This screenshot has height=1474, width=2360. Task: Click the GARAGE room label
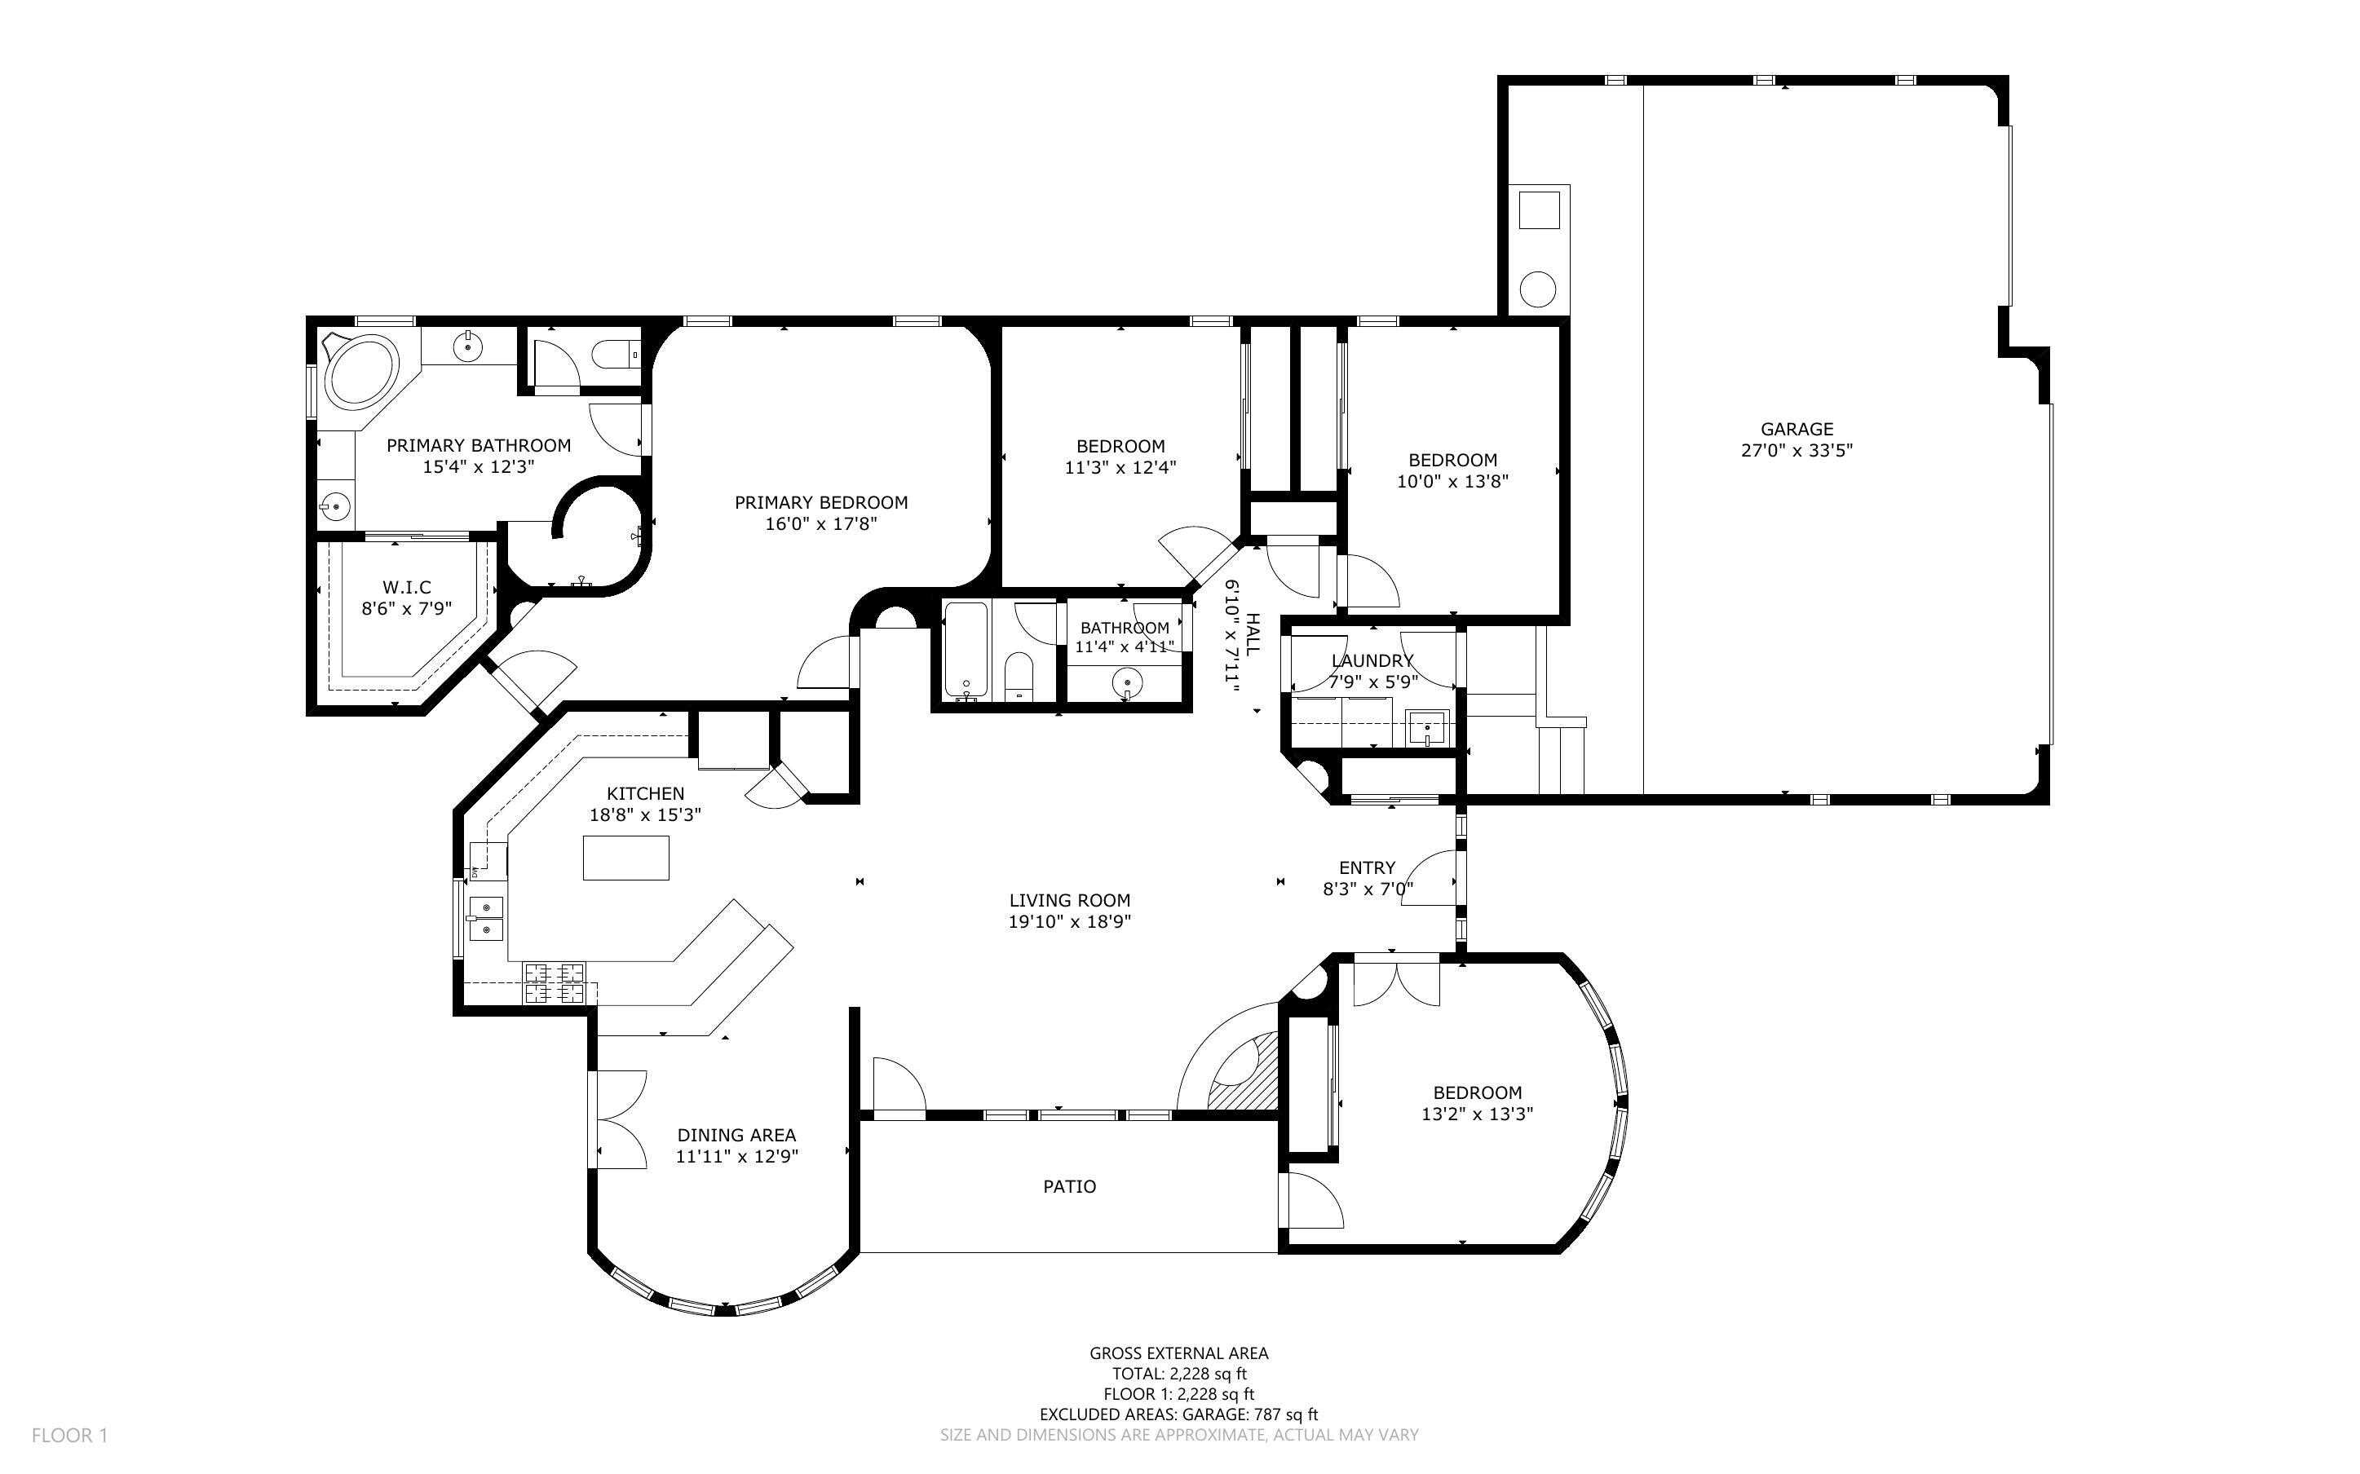pyautogui.click(x=1797, y=429)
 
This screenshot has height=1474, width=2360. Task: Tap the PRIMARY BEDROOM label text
pyautogui.click(x=821, y=503)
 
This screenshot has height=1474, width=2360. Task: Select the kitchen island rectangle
pyautogui.click(x=625, y=858)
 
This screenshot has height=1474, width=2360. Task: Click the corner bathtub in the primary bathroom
pyautogui.click(x=361, y=369)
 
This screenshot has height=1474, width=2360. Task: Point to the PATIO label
pyautogui.click(x=1069, y=1186)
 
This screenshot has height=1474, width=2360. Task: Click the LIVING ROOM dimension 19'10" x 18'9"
pyautogui.click(x=1069, y=922)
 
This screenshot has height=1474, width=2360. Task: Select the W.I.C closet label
pyautogui.click(x=406, y=588)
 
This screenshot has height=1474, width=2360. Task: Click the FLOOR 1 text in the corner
pyautogui.click(x=69, y=1435)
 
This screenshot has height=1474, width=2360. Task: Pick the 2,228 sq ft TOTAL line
pyautogui.click(x=1179, y=1374)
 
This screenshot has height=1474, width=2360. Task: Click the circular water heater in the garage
pyautogui.click(x=1538, y=289)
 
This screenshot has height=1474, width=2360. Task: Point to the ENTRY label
pyautogui.click(x=1367, y=867)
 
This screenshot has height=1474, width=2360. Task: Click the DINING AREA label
pyautogui.click(x=736, y=1135)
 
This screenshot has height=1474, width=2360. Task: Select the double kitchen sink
pyautogui.click(x=485, y=918)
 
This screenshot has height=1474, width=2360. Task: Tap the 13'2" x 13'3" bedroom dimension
pyautogui.click(x=1477, y=1114)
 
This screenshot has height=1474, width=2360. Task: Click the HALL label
pyautogui.click(x=1253, y=633)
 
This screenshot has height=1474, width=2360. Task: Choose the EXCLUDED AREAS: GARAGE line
pyautogui.click(x=1178, y=1414)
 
